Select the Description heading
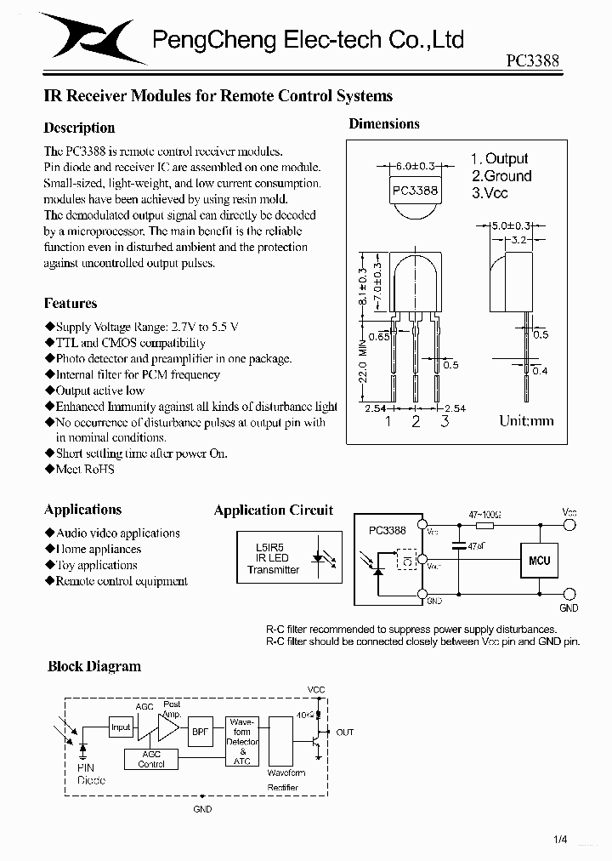[x=79, y=128]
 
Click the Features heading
[x=71, y=303]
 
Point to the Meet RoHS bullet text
[x=84, y=469]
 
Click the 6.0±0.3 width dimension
[x=415, y=167]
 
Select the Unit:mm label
[x=526, y=420]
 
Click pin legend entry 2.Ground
[x=501, y=176]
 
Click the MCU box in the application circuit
[x=539, y=561]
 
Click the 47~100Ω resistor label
[x=484, y=515]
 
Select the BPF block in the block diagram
[x=199, y=731]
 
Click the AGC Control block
[x=151, y=759]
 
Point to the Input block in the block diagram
[x=121, y=727]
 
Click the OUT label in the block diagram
[x=344, y=732]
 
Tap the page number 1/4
[x=560, y=841]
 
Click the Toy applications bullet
[x=96, y=565]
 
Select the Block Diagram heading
[x=94, y=666]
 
